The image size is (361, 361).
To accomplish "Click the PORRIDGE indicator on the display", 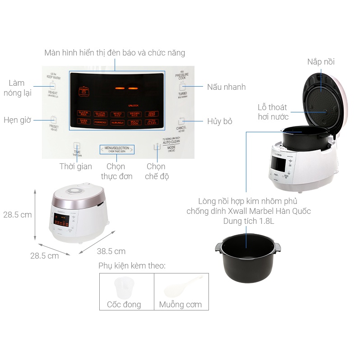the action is point(101,121).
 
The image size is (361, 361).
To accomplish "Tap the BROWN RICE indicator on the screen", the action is point(134,114).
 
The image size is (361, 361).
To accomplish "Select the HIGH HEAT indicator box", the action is point(152,114).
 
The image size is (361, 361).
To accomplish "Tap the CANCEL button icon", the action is point(181,120).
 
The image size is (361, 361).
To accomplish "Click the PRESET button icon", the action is point(54,120).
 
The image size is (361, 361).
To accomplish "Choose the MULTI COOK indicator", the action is point(134,122).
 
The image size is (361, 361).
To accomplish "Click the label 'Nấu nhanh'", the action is point(227,87).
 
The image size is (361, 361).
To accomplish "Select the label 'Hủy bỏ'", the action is point(220,121).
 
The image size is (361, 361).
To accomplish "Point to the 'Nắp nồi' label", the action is point(321,62).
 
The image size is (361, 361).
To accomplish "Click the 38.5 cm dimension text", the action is point(111,251).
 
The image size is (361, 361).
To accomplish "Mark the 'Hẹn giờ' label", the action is point(17,120).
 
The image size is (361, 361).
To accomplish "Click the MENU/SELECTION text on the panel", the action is point(116,148).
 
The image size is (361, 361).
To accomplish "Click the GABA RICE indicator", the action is point(83,121).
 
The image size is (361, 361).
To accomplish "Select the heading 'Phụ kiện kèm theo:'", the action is point(132,265).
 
